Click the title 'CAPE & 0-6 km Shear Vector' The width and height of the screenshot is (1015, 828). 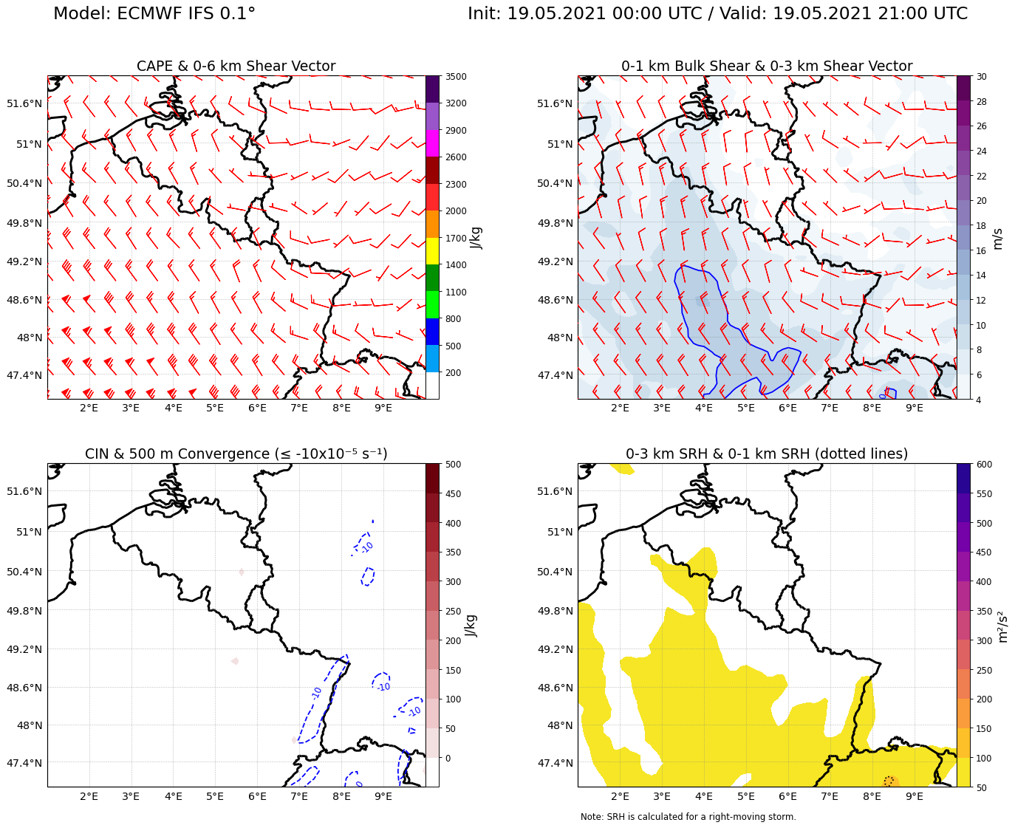tap(236, 66)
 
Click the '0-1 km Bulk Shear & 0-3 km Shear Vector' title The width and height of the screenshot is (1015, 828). tap(766, 66)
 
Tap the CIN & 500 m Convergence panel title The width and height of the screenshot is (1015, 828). tap(236, 454)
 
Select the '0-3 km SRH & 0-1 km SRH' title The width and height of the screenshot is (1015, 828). tap(766, 454)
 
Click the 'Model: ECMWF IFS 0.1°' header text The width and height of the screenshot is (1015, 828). tap(154, 14)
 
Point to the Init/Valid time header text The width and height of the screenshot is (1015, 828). tap(717, 14)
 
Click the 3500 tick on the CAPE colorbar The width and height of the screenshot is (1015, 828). tap(454, 77)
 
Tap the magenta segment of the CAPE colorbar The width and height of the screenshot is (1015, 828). tap(432, 143)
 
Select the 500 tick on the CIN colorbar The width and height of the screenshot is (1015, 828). tap(454, 465)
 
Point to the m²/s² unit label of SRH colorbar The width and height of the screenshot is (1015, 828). tap(1003, 626)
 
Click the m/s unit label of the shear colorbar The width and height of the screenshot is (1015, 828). tap(998, 239)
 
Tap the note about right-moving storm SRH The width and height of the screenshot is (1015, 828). tap(688, 817)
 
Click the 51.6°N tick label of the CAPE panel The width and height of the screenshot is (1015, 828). tap(24, 103)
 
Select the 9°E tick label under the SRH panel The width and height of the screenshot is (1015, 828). tap(915, 796)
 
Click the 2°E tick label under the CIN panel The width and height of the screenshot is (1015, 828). tap(89, 796)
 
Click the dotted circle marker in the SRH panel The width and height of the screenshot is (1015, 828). tap(889, 781)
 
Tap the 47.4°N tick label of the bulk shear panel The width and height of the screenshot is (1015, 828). tap(555, 375)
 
